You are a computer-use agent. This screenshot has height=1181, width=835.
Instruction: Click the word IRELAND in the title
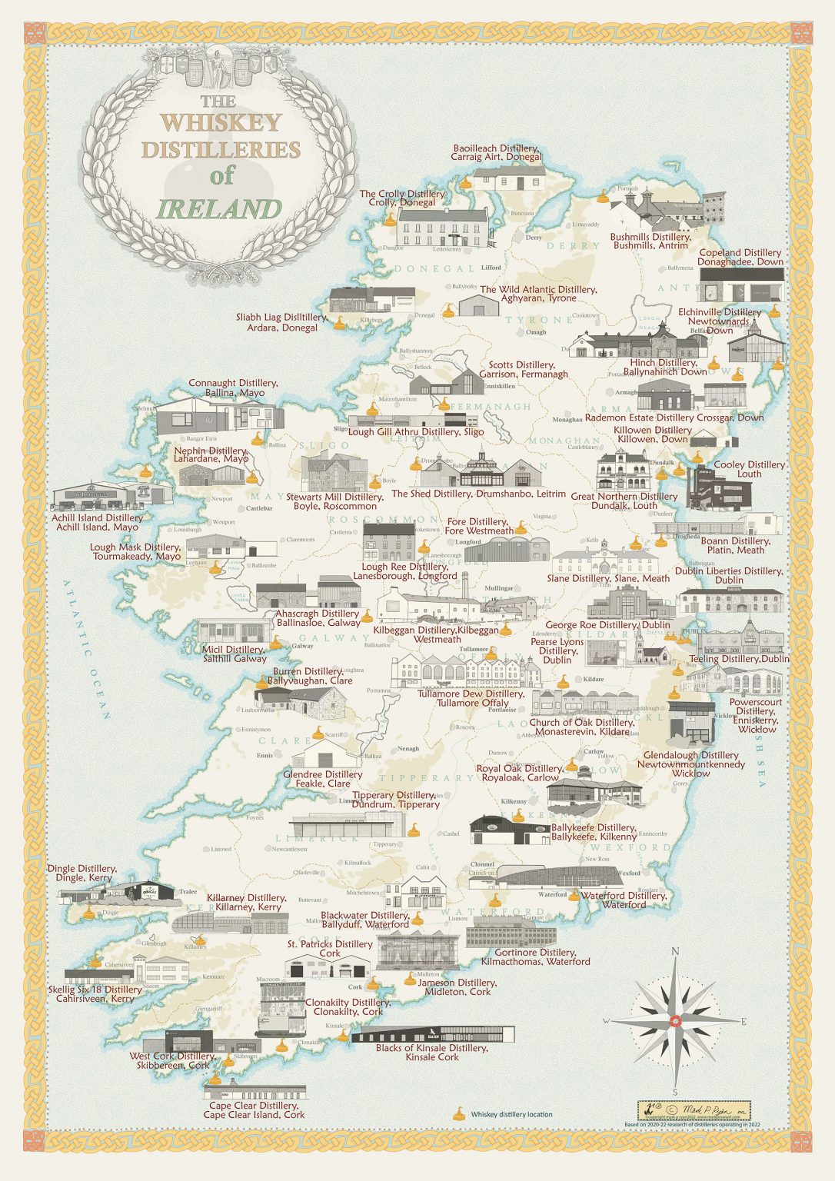[x=220, y=209]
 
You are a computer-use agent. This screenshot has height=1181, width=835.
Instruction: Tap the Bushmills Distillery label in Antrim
[x=650, y=241]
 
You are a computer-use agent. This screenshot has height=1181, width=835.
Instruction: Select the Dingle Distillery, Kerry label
[x=81, y=873]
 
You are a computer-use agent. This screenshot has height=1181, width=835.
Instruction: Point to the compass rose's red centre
[x=674, y=1020]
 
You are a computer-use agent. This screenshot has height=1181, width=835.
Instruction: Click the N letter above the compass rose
[x=675, y=951]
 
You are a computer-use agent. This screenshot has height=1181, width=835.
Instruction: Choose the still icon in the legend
[x=459, y=1113]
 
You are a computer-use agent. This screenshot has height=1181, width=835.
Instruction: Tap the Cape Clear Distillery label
[x=254, y=1109]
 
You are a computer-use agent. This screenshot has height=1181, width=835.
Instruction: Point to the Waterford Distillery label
[x=624, y=900]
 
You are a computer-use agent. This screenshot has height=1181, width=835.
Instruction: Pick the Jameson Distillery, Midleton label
[x=460, y=986]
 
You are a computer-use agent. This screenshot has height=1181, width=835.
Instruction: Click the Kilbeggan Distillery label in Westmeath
[x=436, y=634]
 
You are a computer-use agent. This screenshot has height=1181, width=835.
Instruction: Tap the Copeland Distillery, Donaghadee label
[x=740, y=257]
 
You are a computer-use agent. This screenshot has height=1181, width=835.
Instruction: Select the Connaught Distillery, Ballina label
[x=233, y=388]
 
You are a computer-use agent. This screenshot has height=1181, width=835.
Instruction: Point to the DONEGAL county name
[x=434, y=268]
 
